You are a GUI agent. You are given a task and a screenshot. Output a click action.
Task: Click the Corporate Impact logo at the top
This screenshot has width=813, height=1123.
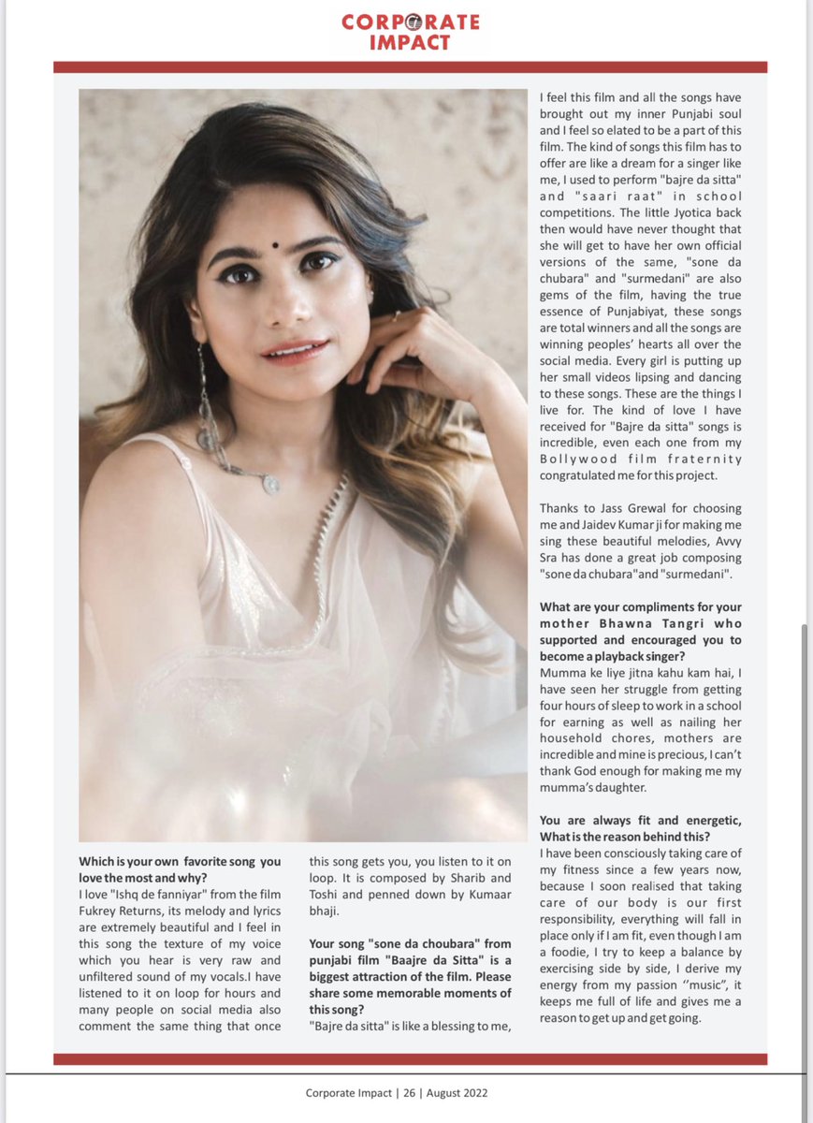tap(411, 32)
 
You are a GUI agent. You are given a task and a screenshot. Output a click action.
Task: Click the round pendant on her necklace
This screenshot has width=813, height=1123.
tap(271, 484)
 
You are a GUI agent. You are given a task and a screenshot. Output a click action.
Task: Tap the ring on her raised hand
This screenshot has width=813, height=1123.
tap(396, 316)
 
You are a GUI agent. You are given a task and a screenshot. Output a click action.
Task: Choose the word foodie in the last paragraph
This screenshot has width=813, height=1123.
tap(571, 969)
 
